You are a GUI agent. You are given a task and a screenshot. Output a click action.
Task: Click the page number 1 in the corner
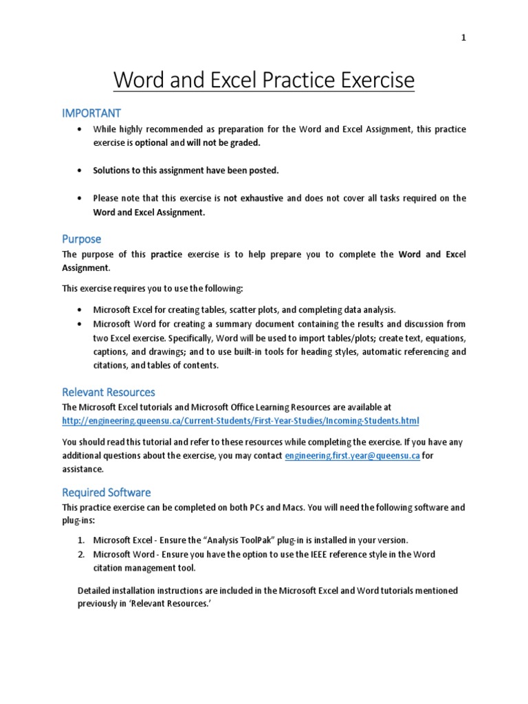tap(463, 38)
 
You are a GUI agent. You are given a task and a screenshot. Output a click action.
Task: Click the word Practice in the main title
tap(302, 81)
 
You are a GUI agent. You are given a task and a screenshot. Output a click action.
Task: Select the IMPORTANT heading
tap(91, 113)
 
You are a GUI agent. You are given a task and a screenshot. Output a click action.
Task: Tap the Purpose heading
tap(81, 239)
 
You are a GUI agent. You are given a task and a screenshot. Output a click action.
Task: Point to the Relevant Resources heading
tap(109, 392)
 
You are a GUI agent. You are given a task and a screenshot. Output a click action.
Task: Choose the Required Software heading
tap(107, 492)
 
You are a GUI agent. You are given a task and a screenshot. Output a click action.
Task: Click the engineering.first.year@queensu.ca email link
tap(352, 456)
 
